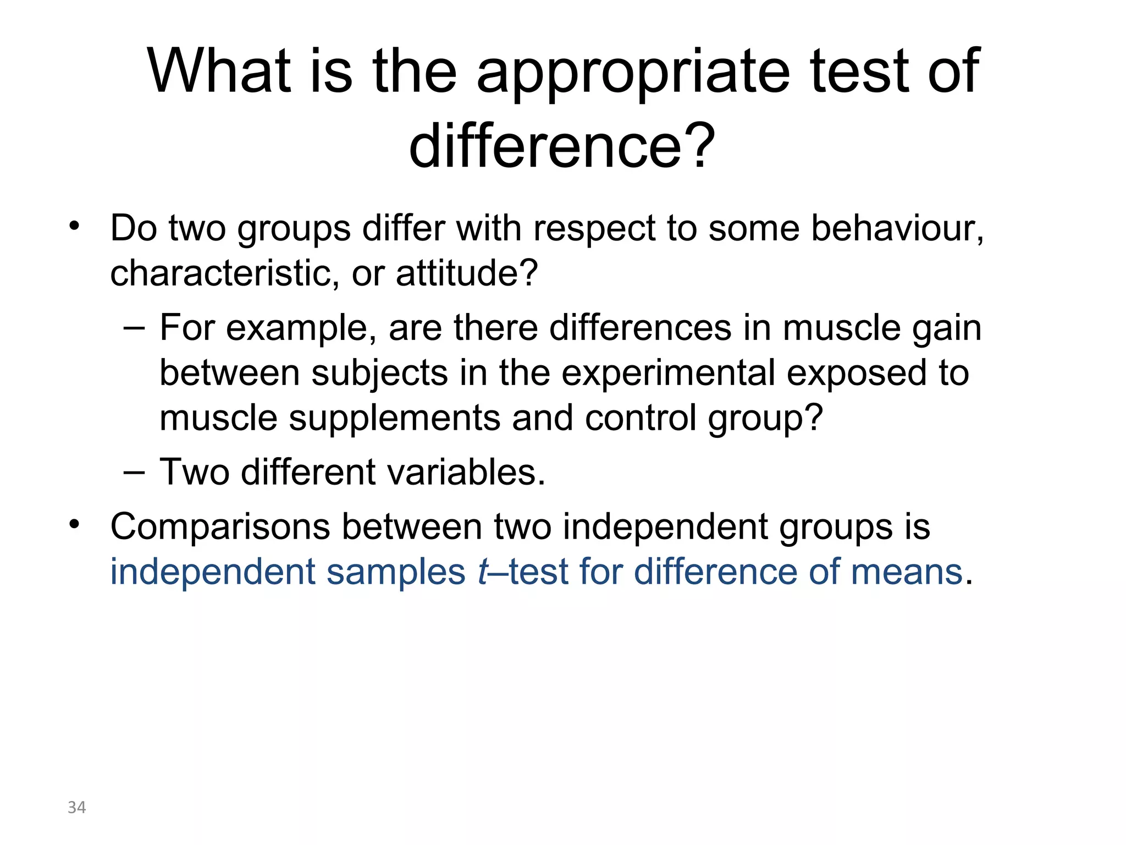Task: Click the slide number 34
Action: tap(76, 807)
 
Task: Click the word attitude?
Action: tap(466, 273)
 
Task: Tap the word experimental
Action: tap(668, 373)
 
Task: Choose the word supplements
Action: tap(394, 418)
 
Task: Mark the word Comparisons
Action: tap(220, 527)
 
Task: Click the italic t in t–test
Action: tap(483, 572)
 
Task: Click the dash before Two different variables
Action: tap(134, 472)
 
